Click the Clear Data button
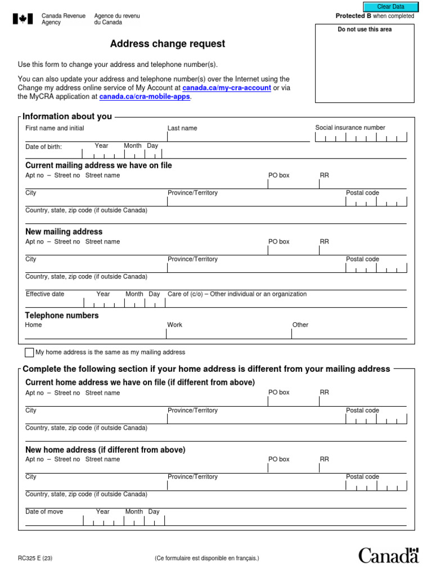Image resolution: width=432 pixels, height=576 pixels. click(391, 6)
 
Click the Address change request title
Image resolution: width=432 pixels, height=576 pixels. click(168, 44)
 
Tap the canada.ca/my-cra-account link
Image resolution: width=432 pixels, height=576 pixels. click(227, 88)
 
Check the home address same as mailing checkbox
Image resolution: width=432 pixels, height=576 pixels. click(29, 353)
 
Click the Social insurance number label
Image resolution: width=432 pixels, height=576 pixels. click(350, 128)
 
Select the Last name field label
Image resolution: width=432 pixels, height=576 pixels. click(182, 128)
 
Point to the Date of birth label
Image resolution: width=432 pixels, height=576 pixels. click(44, 147)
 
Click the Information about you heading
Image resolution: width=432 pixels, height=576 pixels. click(67, 116)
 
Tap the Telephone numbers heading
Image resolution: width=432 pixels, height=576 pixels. click(62, 316)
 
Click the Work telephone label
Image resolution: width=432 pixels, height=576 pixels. click(174, 325)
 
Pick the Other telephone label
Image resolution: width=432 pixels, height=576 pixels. click(300, 325)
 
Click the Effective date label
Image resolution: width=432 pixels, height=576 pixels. click(45, 294)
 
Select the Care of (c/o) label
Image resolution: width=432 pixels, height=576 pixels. click(237, 294)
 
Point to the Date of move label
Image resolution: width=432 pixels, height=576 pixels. click(44, 512)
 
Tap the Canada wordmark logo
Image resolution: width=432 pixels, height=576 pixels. click(389, 555)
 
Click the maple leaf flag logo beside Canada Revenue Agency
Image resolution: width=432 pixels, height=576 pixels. click(23, 19)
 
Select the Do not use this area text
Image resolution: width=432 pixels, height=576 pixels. click(364, 29)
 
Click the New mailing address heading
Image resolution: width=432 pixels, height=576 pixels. click(64, 232)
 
